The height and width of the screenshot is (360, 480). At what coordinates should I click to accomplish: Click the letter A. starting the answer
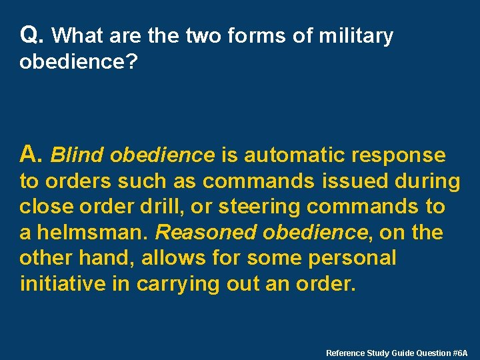coord(32,155)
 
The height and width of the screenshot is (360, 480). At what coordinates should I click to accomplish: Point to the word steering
coord(266,207)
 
